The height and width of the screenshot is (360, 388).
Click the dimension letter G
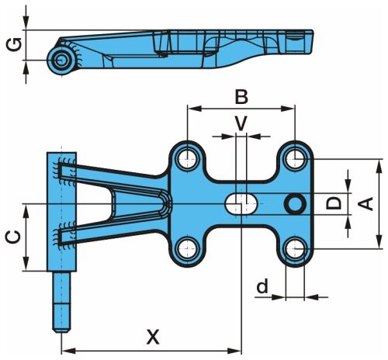point(14,45)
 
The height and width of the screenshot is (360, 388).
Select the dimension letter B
point(241,97)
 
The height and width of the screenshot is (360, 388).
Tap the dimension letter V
point(241,123)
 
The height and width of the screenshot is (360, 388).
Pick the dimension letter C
point(14,237)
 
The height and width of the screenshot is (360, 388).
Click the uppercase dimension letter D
point(334,202)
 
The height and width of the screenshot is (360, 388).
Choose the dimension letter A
point(365,204)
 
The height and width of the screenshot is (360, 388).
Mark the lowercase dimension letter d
point(262,286)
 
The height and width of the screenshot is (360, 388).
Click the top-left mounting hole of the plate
point(188,159)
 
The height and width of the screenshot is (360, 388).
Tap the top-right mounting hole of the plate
point(295,158)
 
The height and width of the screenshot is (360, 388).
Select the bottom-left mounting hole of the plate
point(188,249)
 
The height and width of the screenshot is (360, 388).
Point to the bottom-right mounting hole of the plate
point(295,249)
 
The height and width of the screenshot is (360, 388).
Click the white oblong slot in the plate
point(241,204)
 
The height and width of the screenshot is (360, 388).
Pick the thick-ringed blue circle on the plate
point(295,204)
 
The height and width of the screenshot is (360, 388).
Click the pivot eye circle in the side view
point(61,61)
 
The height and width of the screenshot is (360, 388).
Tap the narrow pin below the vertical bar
point(61,302)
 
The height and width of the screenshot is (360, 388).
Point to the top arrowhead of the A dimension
point(379,166)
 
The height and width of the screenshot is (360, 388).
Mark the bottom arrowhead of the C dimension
point(26,264)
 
